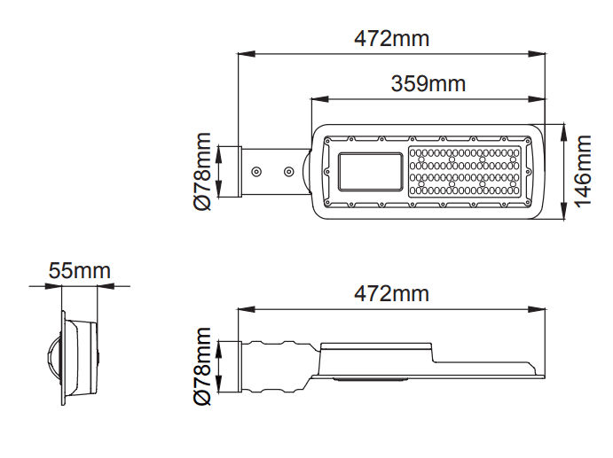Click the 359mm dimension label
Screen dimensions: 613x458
[428, 83]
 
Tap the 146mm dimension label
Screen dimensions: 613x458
[583, 171]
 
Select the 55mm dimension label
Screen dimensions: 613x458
[79, 270]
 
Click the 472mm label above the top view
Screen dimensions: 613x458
[391, 38]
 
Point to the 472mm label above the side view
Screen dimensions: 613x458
[391, 293]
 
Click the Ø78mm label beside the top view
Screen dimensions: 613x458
[202, 171]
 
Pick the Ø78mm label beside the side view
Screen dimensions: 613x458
[202, 366]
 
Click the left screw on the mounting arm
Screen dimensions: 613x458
[256, 171]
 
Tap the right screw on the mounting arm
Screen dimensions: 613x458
[288, 171]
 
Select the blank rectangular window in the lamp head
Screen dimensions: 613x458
[370, 172]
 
